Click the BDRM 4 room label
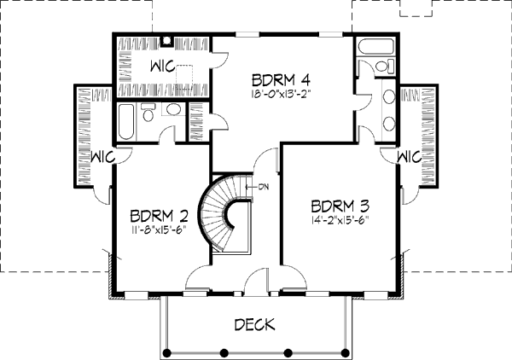click(x=281, y=80)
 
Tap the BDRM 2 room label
click(x=159, y=216)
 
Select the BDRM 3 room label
click(x=340, y=206)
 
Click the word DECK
click(x=254, y=324)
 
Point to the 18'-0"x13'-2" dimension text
click(x=280, y=95)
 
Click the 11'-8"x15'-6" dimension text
click(x=159, y=229)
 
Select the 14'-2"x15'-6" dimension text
click(x=340, y=219)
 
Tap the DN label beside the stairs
click(x=264, y=187)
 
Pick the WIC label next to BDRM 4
click(x=162, y=67)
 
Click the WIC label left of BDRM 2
click(x=102, y=157)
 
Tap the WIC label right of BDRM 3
click(x=409, y=157)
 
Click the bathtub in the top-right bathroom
click(x=376, y=46)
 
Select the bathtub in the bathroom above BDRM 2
click(x=126, y=122)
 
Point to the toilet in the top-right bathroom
click(x=386, y=66)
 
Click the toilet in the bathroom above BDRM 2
click(x=148, y=112)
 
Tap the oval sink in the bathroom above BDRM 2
click(x=173, y=109)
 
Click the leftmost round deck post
click(x=167, y=353)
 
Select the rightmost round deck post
click(x=345, y=353)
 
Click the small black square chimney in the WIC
click(x=167, y=41)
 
